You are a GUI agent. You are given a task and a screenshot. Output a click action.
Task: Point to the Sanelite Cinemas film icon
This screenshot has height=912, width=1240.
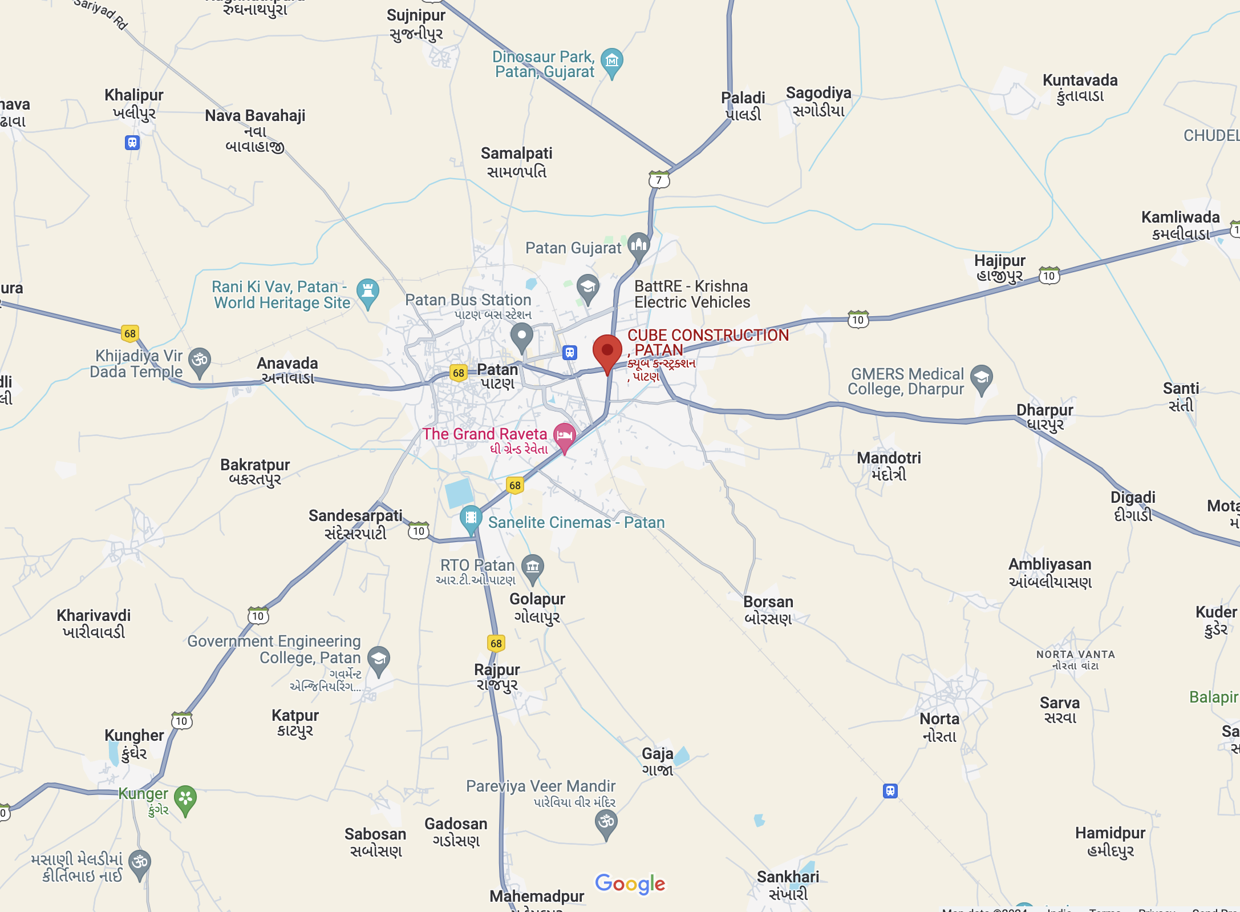471,518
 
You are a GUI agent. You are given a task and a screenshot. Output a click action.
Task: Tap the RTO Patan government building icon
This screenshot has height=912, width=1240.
533,567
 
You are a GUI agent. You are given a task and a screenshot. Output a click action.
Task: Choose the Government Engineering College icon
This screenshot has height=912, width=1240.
379,659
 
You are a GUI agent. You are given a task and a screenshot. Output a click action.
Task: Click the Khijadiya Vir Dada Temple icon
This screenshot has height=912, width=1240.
200,361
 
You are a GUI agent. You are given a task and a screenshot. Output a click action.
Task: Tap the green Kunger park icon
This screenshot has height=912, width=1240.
185,798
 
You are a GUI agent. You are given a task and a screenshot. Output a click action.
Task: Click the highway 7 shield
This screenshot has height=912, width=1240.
659,180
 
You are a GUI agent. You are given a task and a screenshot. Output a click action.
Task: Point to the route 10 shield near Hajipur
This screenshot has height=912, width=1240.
1049,276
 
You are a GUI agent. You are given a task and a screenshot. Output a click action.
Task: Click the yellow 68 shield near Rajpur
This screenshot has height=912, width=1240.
496,643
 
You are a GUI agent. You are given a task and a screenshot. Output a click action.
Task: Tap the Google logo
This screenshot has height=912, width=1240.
630,883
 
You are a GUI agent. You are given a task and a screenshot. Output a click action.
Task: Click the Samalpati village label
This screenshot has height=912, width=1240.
516,162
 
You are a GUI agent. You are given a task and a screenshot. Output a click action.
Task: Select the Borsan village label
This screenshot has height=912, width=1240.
768,610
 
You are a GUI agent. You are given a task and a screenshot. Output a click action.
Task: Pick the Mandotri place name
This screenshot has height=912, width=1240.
889,466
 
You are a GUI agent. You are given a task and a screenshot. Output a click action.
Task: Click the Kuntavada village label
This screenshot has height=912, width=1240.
1080,88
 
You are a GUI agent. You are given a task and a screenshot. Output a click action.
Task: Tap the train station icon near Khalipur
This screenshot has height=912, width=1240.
132,143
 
